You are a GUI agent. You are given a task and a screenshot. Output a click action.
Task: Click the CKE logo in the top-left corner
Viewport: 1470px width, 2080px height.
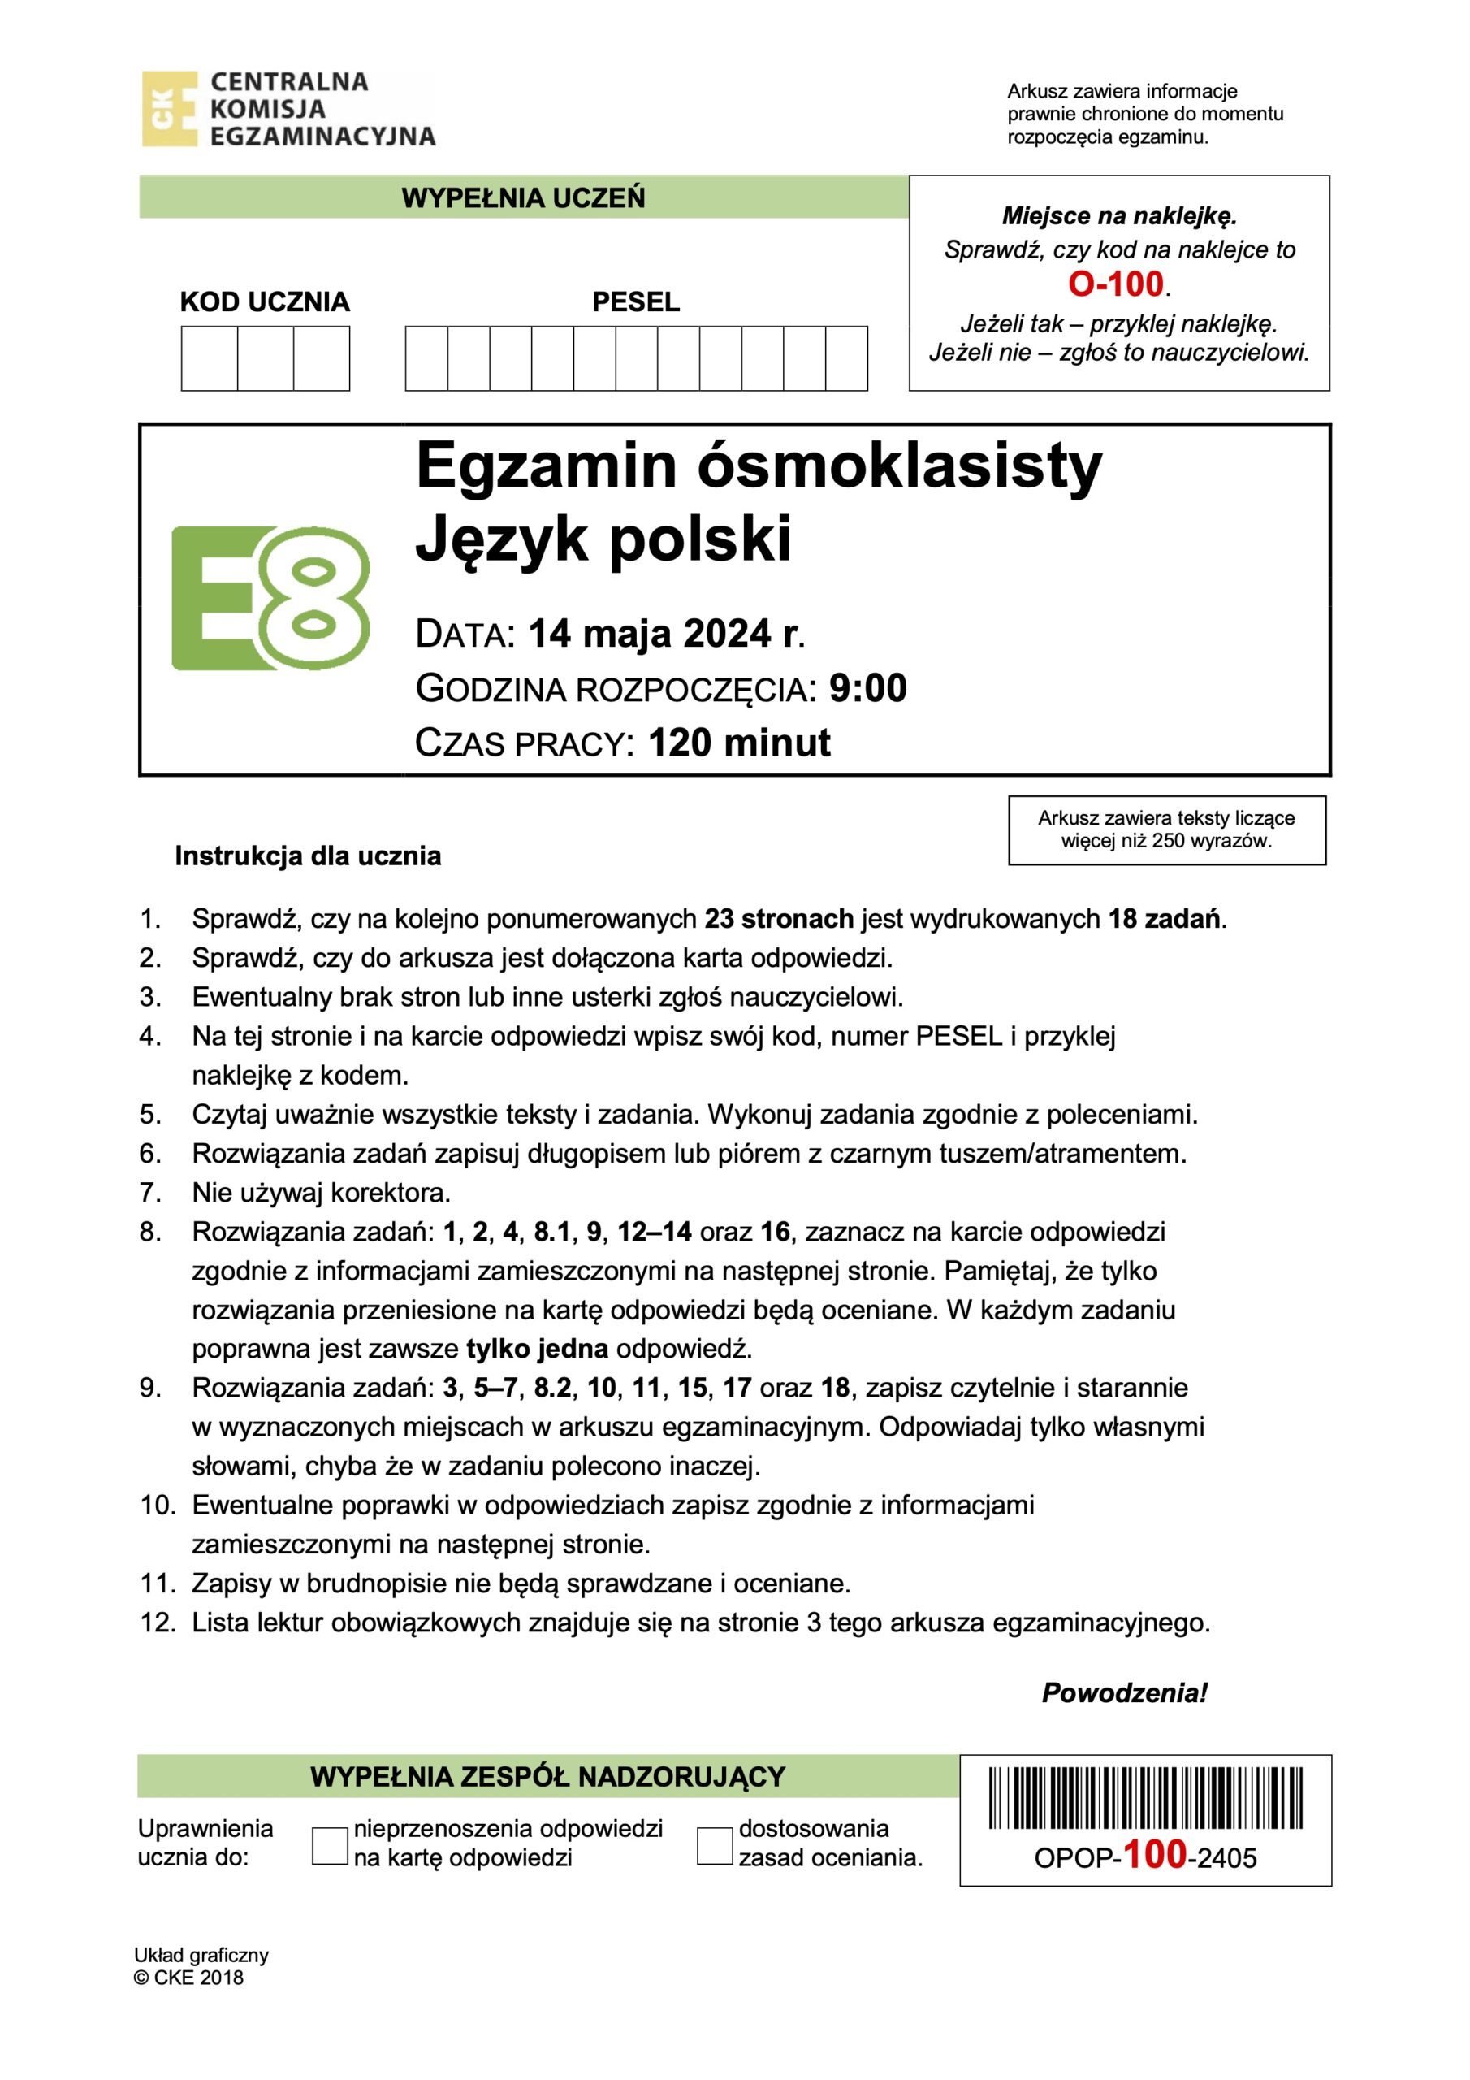[170, 109]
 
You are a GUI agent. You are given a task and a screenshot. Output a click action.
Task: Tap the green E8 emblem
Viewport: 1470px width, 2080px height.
[270, 598]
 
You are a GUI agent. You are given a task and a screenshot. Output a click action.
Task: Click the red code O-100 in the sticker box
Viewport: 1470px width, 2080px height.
[1116, 284]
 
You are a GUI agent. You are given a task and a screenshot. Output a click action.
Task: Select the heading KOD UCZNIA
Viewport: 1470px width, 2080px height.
[265, 301]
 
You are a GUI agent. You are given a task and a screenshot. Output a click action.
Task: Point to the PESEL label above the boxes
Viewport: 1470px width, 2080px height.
[636, 301]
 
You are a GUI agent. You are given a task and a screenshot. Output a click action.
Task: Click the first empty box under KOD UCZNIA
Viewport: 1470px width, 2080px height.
[210, 359]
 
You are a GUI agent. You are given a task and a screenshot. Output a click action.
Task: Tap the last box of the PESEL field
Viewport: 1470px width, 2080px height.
[847, 359]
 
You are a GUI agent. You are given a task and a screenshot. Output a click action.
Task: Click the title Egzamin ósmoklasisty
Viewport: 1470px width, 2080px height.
[758, 466]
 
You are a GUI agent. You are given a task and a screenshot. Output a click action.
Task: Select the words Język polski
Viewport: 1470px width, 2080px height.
[603, 539]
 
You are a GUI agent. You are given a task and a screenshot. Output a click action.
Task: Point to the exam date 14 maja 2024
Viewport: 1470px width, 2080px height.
[650, 634]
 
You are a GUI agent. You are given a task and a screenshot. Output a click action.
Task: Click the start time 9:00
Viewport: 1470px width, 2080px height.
[867, 688]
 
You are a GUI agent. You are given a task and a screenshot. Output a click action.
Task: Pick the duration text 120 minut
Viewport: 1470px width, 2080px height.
[739, 743]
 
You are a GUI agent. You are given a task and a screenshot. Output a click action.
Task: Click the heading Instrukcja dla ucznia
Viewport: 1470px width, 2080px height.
[308, 856]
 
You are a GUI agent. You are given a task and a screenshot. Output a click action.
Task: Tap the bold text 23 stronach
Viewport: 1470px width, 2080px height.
[779, 919]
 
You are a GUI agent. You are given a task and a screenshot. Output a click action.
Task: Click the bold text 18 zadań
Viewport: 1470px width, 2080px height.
[1165, 919]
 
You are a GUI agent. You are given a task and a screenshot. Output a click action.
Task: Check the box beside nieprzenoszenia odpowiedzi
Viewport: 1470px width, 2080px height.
[330, 1845]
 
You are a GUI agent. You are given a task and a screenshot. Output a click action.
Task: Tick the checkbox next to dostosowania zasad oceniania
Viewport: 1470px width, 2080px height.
[715, 1845]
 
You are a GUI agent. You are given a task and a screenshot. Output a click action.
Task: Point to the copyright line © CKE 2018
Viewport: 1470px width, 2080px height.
[188, 1978]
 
